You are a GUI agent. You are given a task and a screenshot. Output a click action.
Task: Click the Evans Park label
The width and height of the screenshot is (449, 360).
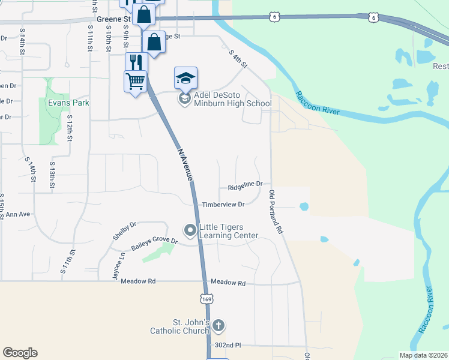click(68, 103)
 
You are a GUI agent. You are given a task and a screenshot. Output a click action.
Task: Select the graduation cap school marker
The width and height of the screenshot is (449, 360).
click(185, 78)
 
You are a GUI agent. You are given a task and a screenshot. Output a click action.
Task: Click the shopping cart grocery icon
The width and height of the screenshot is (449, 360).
click(136, 81)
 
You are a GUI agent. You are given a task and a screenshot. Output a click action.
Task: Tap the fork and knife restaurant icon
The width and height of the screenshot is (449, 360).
click(136, 62)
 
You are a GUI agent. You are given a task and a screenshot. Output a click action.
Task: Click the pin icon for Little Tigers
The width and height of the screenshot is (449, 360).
click(190, 230)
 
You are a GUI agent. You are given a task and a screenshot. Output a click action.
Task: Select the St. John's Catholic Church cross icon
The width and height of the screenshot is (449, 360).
click(218, 326)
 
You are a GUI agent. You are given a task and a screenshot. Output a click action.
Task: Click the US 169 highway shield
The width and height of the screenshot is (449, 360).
click(206, 299)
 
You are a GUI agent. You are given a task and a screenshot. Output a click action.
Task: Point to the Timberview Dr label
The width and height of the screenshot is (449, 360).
click(223, 205)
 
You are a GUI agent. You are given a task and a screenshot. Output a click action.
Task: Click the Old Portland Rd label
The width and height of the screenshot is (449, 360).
click(276, 212)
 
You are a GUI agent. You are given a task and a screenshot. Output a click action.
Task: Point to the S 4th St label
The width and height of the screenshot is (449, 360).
click(238, 59)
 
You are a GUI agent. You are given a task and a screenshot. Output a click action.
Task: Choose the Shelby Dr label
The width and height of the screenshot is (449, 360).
click(125, 231)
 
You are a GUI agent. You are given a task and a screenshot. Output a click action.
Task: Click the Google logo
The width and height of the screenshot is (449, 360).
click(20, 353)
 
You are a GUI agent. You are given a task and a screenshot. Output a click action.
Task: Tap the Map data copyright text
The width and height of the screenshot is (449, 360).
click(423, 355)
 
